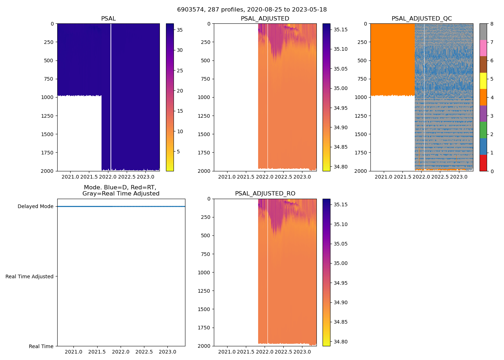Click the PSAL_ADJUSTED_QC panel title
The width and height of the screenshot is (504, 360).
click(422, 19)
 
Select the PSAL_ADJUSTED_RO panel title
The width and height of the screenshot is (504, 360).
click(265, 194)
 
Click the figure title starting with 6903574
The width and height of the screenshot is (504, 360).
click(252, 10)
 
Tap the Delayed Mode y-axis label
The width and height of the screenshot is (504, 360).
click(35, 207)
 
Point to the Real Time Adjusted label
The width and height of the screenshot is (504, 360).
click(30, 276)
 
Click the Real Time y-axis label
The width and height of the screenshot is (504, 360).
click(41, 346)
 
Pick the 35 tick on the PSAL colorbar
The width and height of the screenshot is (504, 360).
click(180, 30)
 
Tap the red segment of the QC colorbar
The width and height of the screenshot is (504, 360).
click(483, 163)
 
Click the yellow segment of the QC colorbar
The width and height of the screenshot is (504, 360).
click(483, 81)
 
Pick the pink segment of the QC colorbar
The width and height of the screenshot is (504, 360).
click(483, 48)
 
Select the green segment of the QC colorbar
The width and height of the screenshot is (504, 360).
click(483, 130)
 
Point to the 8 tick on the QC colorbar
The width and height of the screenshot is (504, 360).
click(492, 24)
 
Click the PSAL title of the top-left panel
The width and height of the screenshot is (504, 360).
click(108, 19)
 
